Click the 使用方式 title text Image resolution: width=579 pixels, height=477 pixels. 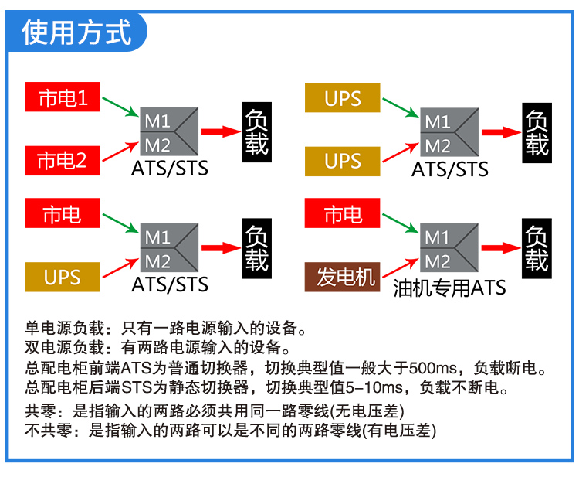click(76, 33)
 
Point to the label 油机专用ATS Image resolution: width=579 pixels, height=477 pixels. click(449, 288)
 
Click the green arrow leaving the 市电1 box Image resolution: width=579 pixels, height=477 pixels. click(120, 106)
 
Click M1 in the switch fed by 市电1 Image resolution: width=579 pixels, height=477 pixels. click(157, 121)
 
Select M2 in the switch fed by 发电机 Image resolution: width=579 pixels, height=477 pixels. click(438, 261)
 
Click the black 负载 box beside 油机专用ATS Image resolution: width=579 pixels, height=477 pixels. click(537, 248)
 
